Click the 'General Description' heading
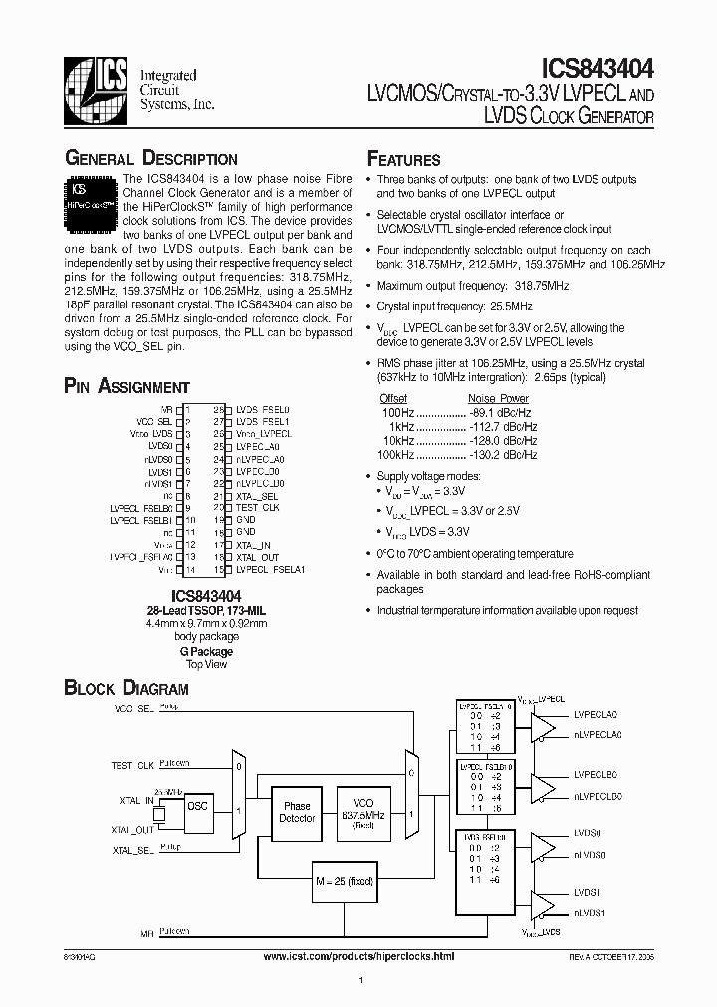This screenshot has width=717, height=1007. click(x=150, y=159)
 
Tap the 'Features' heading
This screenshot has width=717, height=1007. click(x=404, y=159)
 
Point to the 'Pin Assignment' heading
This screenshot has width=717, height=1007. click(x=126, y=387)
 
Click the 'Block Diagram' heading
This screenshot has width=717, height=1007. click(x=126, y=688)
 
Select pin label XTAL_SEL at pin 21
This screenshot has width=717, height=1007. click(x=257, y=495)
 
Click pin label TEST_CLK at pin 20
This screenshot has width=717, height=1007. click(x=257, y=507)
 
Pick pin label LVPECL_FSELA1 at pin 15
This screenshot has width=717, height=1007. click(x=270, y=570)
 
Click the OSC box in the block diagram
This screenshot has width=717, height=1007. click(x=197, y=806)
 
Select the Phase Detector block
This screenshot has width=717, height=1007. click(x=298, y=812)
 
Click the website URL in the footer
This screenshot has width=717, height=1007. click(x=358, y=955)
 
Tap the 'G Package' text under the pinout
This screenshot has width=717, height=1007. click(x=206, y=651)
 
